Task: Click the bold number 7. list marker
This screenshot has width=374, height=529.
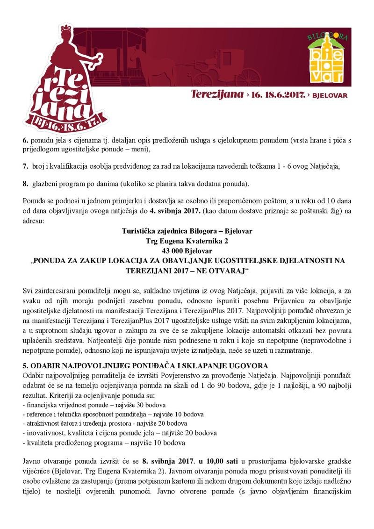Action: [25, 166]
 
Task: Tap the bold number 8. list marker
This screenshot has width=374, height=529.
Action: [25, 183]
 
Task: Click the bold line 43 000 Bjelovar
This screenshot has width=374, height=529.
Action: [187, 251]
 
